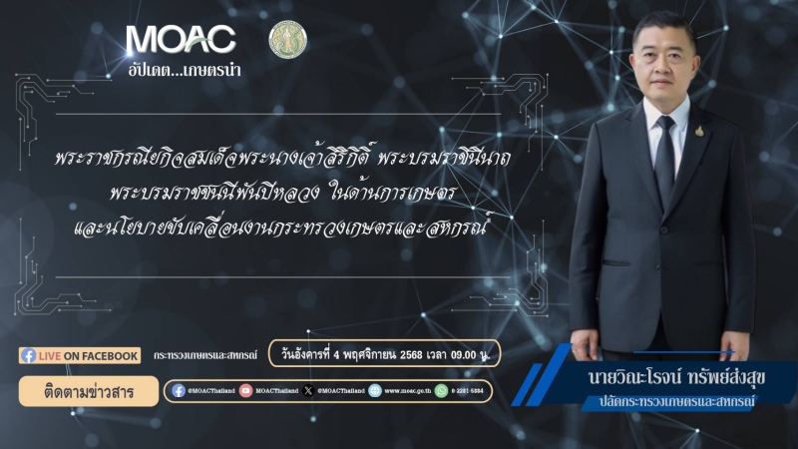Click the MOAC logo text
[181, 40]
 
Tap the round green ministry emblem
[288, 39]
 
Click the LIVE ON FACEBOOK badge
[80, 355]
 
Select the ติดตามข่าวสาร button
[75, 390]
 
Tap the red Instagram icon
[245, 391]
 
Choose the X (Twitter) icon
[308, 391]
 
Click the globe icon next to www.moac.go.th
[375, 391]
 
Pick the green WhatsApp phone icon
[441, 391]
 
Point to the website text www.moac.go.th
[406, 391]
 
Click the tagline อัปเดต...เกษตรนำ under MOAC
[185, 71]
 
